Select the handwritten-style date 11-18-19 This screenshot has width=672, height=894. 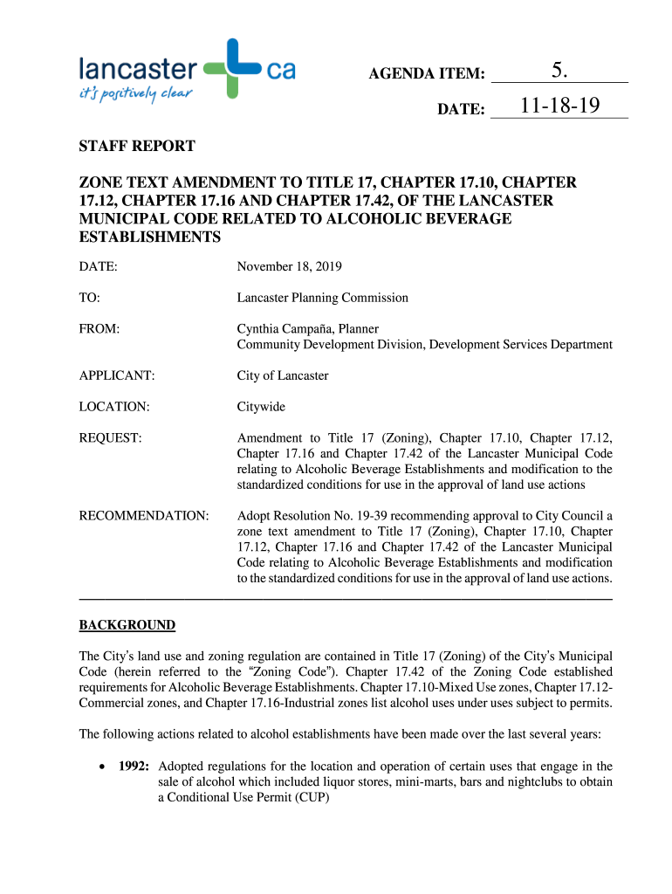559,107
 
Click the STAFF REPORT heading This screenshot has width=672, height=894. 137,146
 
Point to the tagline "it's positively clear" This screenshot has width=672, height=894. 135,93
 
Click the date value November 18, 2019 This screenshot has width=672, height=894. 290,265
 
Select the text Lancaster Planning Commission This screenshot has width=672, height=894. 323,298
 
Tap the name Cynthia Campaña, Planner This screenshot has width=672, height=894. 308,329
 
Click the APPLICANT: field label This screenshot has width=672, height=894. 117,375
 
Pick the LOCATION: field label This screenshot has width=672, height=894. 114,407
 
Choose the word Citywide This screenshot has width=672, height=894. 261,407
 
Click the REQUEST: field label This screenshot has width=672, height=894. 110,438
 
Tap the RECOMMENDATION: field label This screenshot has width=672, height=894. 144,516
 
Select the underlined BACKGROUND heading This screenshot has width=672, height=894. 127,625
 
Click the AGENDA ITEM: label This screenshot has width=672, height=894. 427,74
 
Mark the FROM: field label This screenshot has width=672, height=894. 99,329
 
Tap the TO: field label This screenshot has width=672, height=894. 90,298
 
